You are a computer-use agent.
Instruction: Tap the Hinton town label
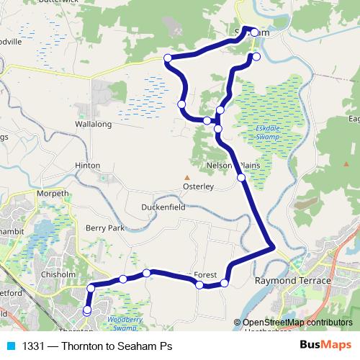(88, 165)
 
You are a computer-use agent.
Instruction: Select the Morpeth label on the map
(53, 194)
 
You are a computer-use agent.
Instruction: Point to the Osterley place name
(197, 186)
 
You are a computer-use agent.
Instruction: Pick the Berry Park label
(105, 228)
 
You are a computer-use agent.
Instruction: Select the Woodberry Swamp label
(115, 321)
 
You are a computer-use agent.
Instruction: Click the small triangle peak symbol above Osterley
(186, 177)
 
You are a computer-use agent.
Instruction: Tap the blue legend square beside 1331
(10, 346)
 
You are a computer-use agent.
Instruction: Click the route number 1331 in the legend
(34, 346)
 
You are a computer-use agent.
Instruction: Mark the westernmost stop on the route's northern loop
(168, 58)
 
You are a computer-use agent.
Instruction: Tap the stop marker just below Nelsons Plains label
(240, 178)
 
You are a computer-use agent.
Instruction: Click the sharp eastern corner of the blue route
(273, 248)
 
